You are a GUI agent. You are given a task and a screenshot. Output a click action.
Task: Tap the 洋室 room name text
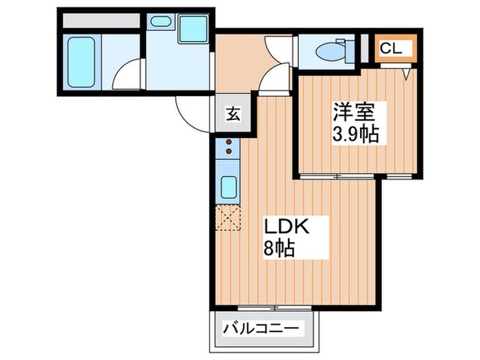coord(355,112)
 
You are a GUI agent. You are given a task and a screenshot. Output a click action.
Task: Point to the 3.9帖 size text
coord(356,134)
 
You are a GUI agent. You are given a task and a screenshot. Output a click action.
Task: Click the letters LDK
coord(286,227)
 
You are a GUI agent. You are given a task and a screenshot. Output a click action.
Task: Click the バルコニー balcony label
coord(260,329)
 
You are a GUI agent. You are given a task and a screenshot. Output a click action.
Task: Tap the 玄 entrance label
coord(233,114)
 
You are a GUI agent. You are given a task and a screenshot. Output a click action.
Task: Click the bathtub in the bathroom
coord(81,62)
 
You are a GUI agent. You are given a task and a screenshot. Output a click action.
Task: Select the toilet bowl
coord(330,51)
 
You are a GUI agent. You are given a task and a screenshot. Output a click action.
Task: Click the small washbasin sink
coord(160,21)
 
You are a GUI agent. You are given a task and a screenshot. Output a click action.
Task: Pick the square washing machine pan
coord(193,29)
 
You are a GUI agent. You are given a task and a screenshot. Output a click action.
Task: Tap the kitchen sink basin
coord(228,187)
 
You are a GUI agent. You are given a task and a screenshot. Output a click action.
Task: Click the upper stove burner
coord(228,142)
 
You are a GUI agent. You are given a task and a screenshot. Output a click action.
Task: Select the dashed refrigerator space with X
coord(228,217)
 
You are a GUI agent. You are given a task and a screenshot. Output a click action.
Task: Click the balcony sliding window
coord(274,308)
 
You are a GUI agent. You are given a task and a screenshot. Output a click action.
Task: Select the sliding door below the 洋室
coord(337,176)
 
